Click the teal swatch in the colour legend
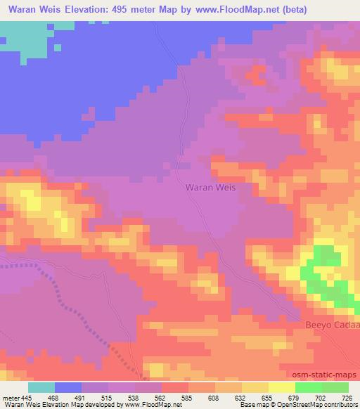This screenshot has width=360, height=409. pyautogui.click(x=41, y=387)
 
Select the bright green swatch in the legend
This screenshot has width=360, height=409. pyautogui.click(x=308, y=387)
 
